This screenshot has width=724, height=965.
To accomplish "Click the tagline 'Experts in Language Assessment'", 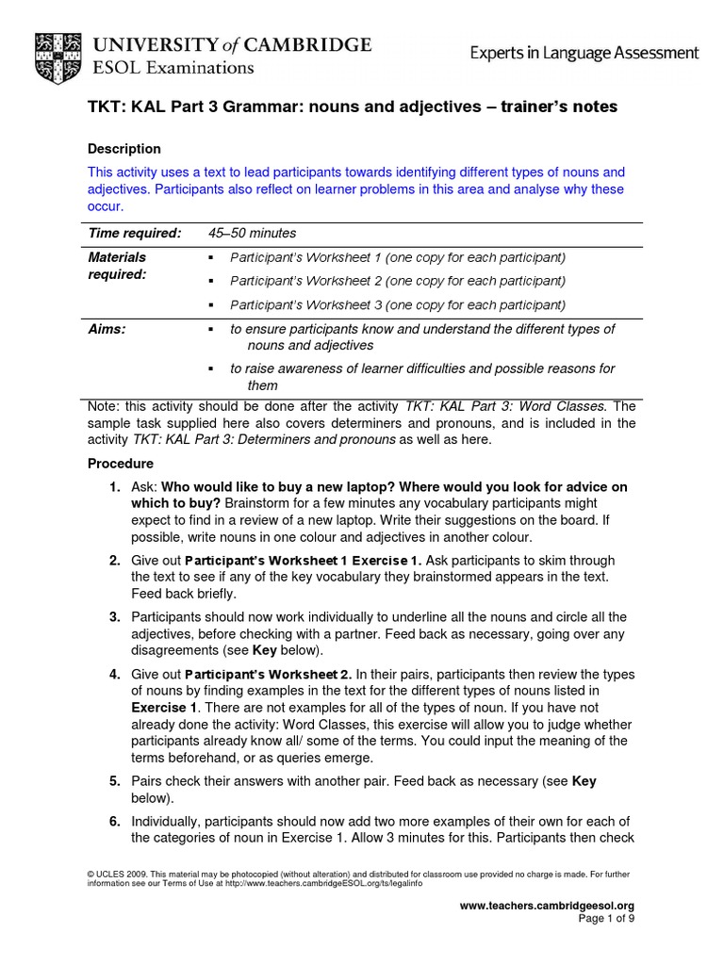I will (584, 54).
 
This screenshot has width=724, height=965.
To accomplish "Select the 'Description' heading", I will (123, 149).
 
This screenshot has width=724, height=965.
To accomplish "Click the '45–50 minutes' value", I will (252, 233).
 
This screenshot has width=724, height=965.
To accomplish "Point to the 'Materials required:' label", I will (117, 266).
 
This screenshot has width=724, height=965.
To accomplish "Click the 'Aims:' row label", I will (107, 329).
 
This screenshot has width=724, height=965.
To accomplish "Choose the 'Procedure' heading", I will (120, 464).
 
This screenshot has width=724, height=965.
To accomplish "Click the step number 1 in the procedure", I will (113, 487).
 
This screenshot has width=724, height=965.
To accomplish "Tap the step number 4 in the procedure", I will (113, 675).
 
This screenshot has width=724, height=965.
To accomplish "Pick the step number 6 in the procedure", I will (113, 822).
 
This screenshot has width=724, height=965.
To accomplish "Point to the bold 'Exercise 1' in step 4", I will (165, 707).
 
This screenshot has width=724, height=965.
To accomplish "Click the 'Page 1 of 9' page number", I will (605, 919).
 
